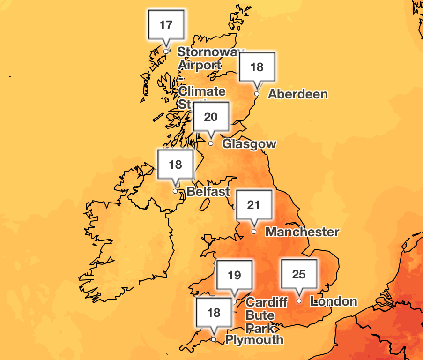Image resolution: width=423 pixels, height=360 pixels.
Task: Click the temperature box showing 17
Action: pyautogui.click(x=166, y=25)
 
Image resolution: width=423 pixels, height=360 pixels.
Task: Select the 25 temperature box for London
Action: pyautogui.click(x=299, y=274)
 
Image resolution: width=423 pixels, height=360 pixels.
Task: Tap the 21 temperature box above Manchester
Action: pyautogui.click(x=253, y=205)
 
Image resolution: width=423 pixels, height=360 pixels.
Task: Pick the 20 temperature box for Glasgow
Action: pyautogui.click(x=211, y=117)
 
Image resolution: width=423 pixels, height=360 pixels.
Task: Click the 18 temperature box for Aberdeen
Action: pyautogui.click(x=257, y=67)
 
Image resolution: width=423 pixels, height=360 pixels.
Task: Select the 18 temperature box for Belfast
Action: pyautogui.click(x=175, y=165)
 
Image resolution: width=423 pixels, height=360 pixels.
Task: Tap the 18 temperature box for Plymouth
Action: pyautogui.click(x=214, y=313)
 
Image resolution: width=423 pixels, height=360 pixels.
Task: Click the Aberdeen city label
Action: pyautogui.click(x=297, y=94)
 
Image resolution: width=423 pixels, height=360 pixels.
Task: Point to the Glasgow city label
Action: pyautogui.click(x=249, y=143)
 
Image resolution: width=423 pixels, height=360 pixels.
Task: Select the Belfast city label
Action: pyautogui.click(x=208, y=191)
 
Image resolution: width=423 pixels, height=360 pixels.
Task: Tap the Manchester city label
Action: pyautogui.click(x=302, y=232)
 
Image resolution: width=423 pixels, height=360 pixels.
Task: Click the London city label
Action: pyautogui.click(x=334, y=301)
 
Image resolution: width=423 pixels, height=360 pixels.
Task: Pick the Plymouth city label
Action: pyautogui.click(x=254, y=339)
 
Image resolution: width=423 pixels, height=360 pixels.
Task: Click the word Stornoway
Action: pyautogui.click(x=210, y=52)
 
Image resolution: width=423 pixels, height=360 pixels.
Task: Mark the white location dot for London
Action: pyautogui.click(x=299, y=301)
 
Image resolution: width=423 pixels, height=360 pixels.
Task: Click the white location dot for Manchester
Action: pyautogui.click(x=253, y=232)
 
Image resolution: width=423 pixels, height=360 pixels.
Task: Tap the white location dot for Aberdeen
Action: pyautogui.click(x=257, y=94)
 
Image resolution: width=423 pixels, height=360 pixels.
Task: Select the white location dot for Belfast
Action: pyautogui.click(x=175, y=191)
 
